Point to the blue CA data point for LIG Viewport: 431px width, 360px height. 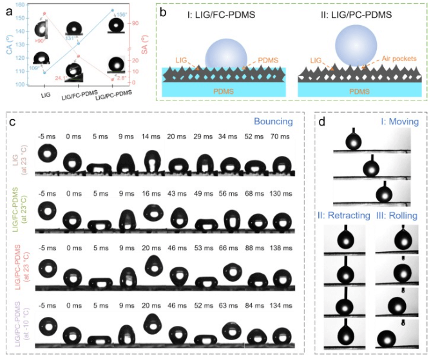click(x=44, y=72)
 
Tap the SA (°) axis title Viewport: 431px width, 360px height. click(x=149, y=44)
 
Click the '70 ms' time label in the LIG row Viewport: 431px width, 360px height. click(x=279, y=137)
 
